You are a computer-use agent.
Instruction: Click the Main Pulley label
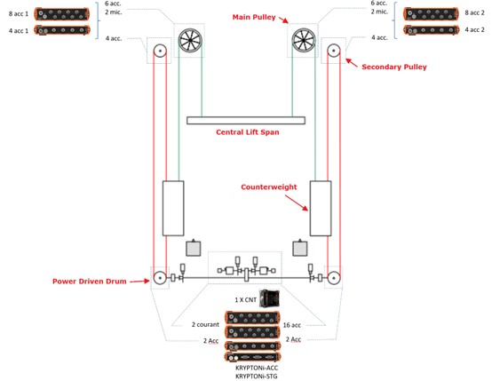tap(254, 17)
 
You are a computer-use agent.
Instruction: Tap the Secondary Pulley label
tap(394, 67)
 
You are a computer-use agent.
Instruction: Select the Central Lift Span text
tap(248, 132)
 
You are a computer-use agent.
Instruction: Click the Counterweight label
tap(268, 187)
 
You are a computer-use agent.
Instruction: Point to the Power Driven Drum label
tap(90, 282)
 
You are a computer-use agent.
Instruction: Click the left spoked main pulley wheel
tap(190, 41)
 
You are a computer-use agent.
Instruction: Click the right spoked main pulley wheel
tap(304, 40)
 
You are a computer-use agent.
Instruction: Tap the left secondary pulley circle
tap(160, 51)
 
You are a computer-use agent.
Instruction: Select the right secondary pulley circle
tap(334, 51)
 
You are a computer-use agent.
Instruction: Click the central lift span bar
tap(246, 121)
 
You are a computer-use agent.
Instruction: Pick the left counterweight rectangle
tap(173, 208)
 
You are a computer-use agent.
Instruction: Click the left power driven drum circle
tap(160, 278)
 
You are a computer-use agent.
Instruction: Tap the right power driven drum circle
tap(334, 278)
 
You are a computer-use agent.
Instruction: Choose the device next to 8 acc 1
tap(62, 14)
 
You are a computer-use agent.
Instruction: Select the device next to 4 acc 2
tap(432, 30)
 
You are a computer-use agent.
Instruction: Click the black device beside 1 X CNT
tap(269, 298)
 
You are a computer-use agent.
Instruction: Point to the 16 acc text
tap(292, 325)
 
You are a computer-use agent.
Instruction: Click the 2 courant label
tap(205, 324)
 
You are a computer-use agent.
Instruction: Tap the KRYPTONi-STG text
tap(257, 377)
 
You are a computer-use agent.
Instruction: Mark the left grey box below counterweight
tap(194, 249)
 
